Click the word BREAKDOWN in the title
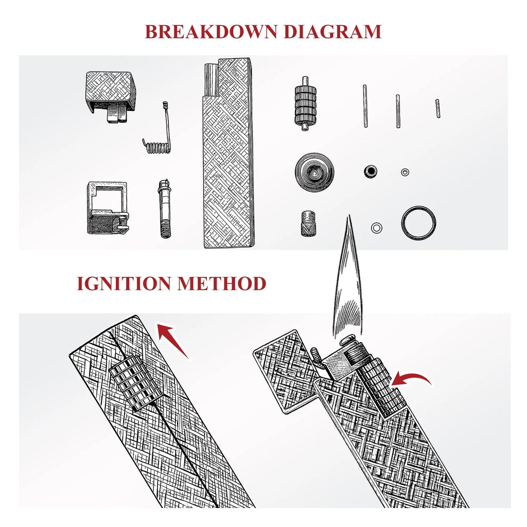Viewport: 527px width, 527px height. [211, 31]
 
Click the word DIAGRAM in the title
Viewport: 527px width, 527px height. [333, 31]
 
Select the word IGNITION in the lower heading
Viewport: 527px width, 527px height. [124, 284]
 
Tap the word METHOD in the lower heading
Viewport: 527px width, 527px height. [222, 284]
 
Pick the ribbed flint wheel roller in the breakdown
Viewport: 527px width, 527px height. [306, 103]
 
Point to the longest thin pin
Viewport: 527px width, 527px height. [365, 106]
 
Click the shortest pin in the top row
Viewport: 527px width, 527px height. [437, 108]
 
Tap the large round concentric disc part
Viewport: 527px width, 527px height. [314, 172]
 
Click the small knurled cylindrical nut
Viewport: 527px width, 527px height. [308, 223]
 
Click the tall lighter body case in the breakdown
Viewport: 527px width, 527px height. [228, 153]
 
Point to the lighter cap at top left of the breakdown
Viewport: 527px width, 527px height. [111, 96]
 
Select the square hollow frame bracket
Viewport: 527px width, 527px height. [108, 208]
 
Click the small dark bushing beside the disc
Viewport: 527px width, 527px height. [371, 171]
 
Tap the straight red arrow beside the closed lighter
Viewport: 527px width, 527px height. [173, 341]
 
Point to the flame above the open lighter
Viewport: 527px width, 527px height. [348, 283]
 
